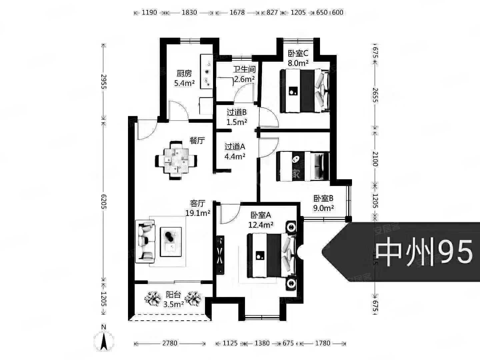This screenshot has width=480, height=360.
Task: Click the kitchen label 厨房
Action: [x=184, y=73]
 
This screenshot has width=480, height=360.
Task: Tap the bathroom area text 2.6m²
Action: [x=244, y=79]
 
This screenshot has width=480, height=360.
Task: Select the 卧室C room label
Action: [x=298, y=53]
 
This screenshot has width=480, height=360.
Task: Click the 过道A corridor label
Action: [x=235, y=147]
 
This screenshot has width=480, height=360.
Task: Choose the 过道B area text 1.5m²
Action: [x=237, y=122]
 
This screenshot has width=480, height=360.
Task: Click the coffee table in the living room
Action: [x=171, y=242]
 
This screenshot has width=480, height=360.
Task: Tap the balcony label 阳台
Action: [x=173, y=295]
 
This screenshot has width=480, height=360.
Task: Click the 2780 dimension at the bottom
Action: [x=170, y=343]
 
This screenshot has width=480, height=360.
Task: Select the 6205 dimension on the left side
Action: [x=104, y=201]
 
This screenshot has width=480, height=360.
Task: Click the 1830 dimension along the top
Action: [x=189, y=13]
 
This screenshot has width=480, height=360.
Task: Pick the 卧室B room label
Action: [x=323, y=199]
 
